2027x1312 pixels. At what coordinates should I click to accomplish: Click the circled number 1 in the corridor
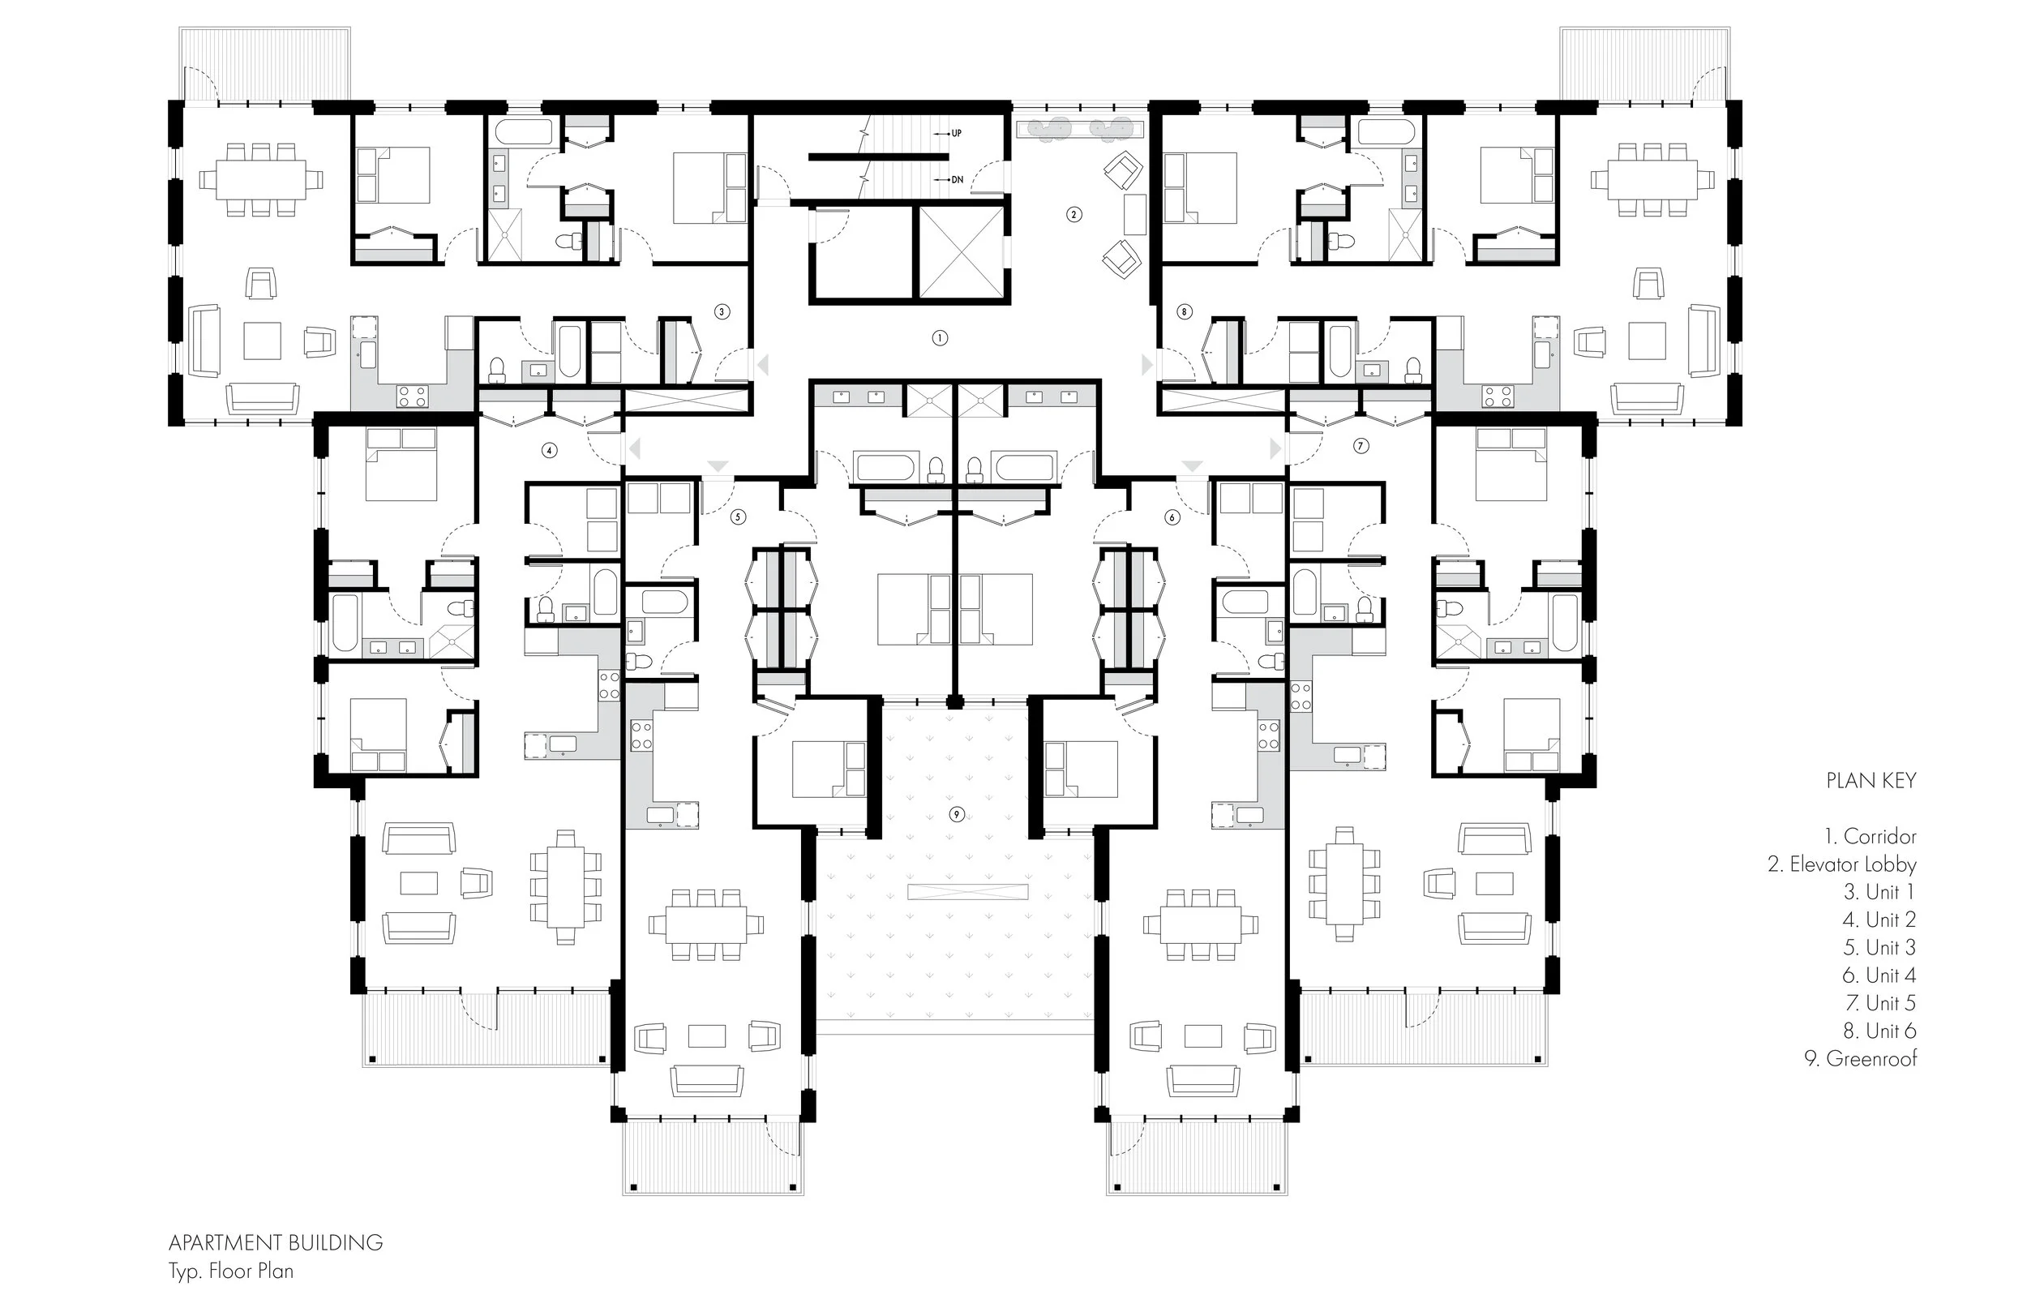tap(940, 338)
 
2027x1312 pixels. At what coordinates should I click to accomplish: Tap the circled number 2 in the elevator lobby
tap(1074, 215)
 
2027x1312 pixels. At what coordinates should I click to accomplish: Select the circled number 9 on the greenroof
tap(958, 814)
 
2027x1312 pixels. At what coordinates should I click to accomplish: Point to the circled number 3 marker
tap(722, 312)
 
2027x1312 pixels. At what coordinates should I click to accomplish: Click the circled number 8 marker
tap(1185, 312)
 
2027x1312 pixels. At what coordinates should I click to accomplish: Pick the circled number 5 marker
tap(739, 517)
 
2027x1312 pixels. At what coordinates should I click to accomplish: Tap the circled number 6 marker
tap(1172, 517)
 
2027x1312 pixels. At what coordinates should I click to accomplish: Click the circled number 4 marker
tap(550, 451)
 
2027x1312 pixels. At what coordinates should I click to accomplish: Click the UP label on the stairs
tap(957, 134)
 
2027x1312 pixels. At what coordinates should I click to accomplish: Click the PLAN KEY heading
tap(1871, 780)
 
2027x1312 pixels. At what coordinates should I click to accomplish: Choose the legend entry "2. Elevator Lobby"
tap(1842, 864)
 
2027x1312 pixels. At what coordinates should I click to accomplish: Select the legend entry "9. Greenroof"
tap(1861, 1058)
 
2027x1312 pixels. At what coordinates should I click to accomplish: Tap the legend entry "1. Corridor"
tap(1871, 837)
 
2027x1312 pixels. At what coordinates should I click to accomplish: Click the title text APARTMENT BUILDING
tap(276, 1243)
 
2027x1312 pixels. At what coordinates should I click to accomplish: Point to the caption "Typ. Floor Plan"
tap(231, 1271)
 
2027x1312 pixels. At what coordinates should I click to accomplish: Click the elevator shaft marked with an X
tap(961, 252)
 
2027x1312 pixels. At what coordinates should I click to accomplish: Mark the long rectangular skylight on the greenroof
tap(968, 893)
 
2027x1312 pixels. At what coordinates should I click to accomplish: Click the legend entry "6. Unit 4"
tap(1879, 975)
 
